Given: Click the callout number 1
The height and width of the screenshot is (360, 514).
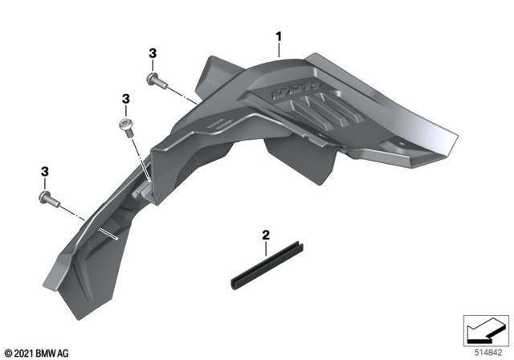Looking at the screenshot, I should pos(279,36).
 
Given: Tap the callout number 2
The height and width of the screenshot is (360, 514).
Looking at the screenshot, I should pos(266,236).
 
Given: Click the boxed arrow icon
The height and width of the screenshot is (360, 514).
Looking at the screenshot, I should pos(484,329).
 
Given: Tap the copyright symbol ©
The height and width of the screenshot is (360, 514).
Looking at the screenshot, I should pos(7,353).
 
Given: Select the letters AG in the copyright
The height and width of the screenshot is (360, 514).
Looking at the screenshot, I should pos(65,353).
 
